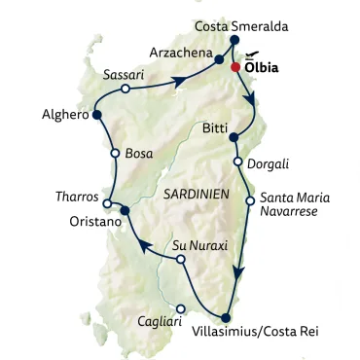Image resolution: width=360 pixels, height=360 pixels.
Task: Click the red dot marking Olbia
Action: coord(234,68)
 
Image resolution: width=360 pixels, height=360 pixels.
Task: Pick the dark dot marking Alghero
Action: coord(96,116)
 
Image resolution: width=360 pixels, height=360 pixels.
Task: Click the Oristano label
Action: coord(93,223)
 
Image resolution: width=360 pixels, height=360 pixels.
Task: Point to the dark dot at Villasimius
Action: coord(226,317)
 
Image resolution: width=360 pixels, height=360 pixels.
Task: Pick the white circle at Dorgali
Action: coord(237,162)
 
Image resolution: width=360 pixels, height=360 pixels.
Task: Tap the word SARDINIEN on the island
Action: coord(197,194)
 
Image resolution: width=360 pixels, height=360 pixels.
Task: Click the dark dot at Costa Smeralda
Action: coord(234,40)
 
